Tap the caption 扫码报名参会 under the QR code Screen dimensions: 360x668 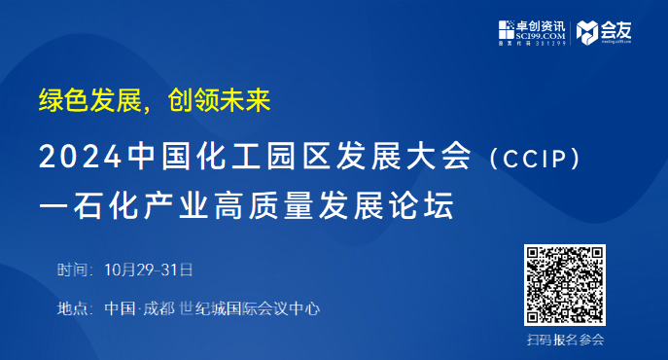(565, 340)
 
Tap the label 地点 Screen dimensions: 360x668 (74, 308)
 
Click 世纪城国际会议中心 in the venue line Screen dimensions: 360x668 (250, 308)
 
